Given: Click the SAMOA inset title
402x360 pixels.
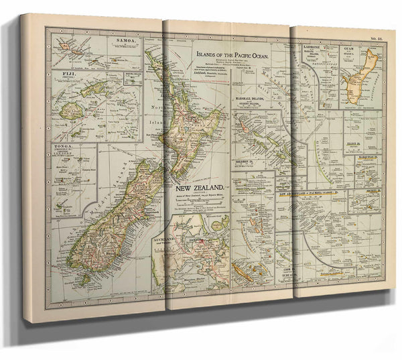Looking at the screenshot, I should pyautogui.click(x=125, y=41).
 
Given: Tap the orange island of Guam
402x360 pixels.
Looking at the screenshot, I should pyautogui.click(x=354, y=86).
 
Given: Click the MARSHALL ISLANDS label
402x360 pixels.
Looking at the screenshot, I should pyautogui.click(x=254, y=100).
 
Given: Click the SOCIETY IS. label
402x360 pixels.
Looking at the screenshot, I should pyautogui.click(x=371, y=190).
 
